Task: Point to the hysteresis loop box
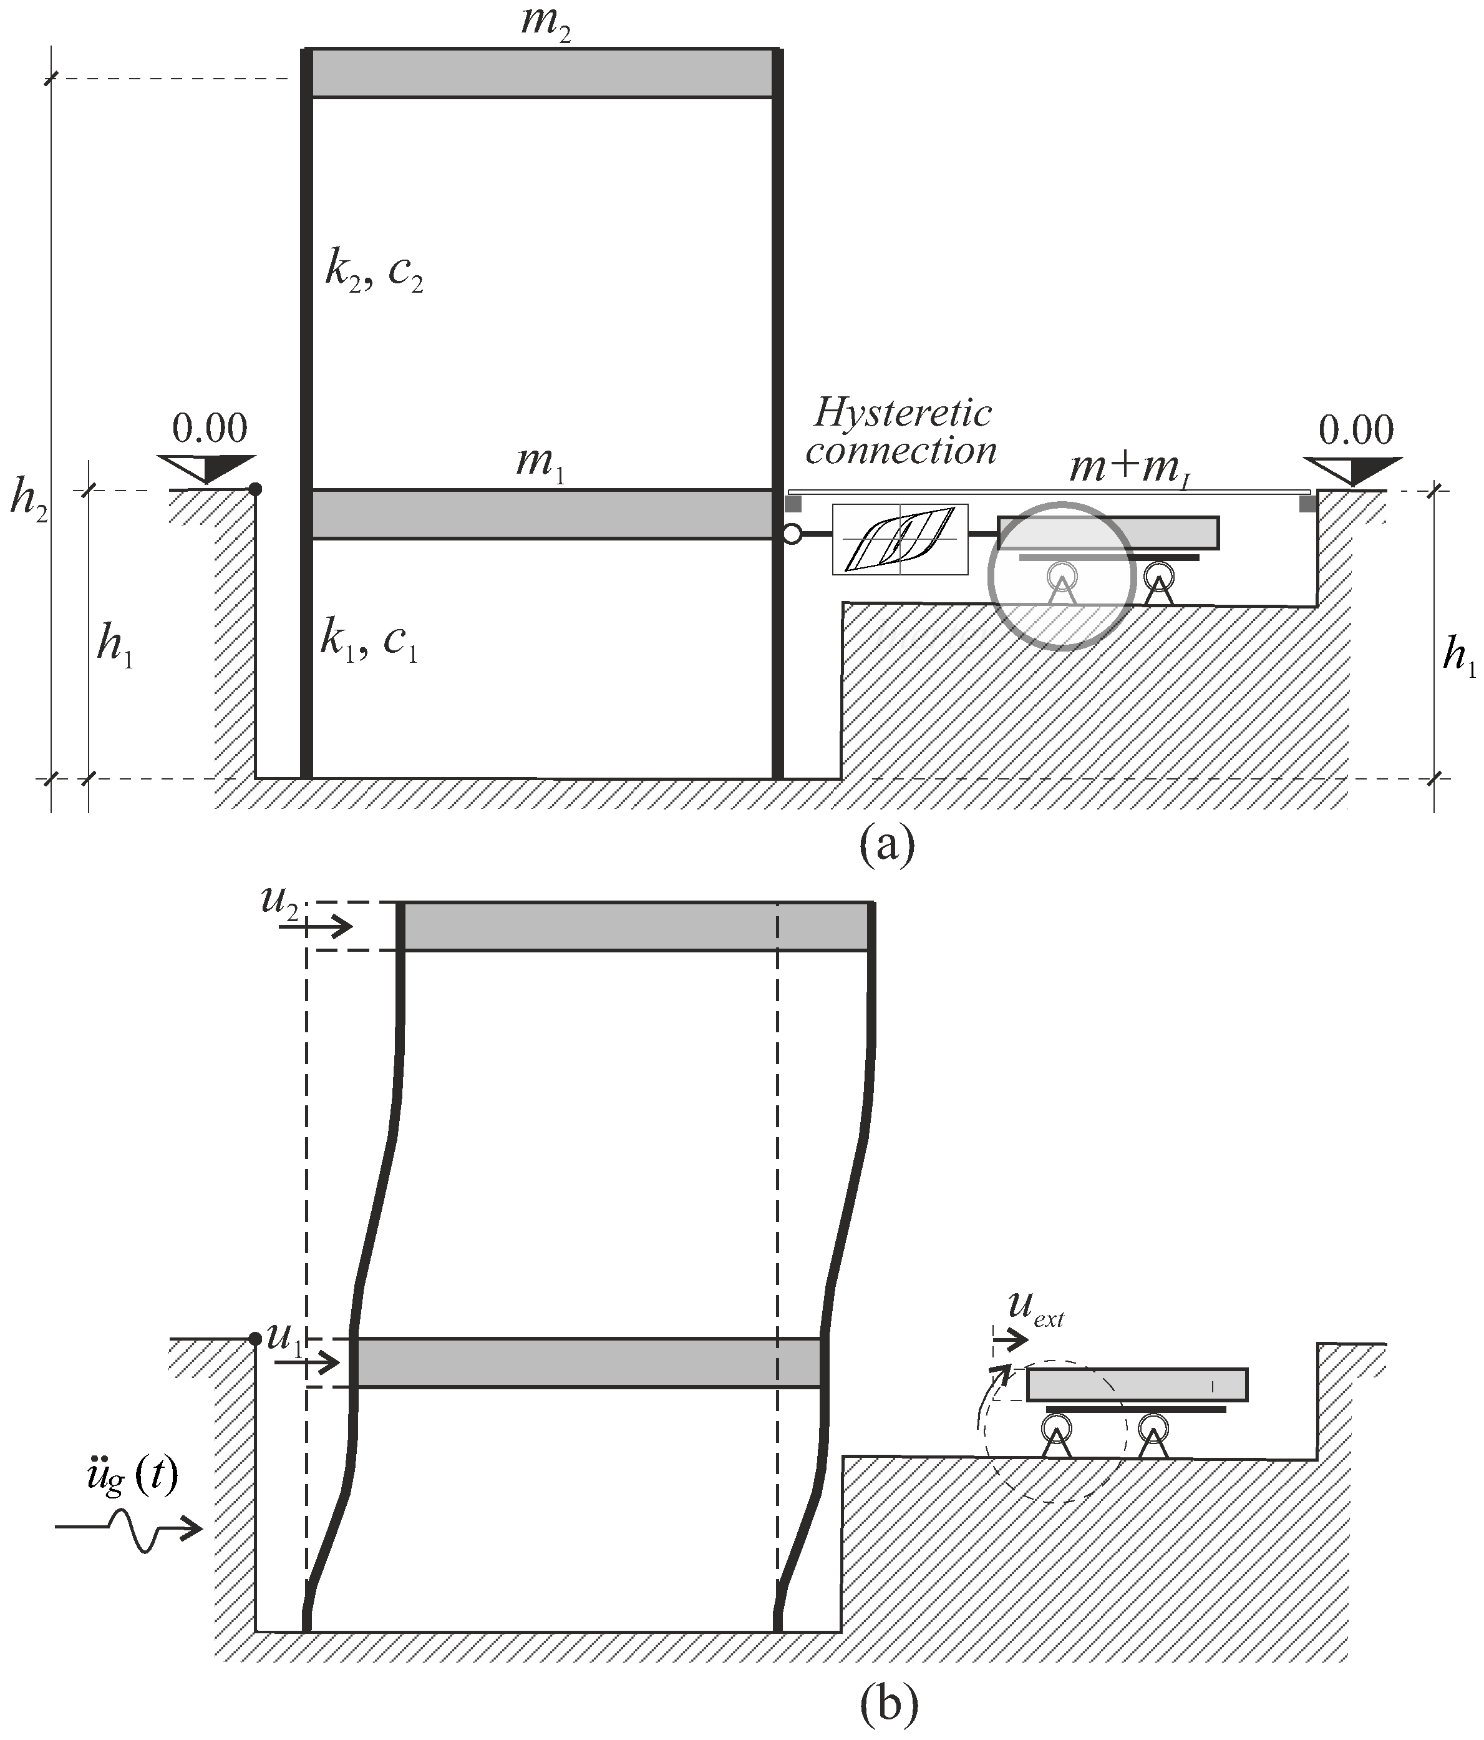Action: pyautogui.click(x=900, y=539)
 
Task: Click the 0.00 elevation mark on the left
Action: pyautogui.click(x=209, y=429)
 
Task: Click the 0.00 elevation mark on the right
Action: pyautogui.click(x=1355, y=430)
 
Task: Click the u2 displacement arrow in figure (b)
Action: pyautogui.click(x=327, y=927)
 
